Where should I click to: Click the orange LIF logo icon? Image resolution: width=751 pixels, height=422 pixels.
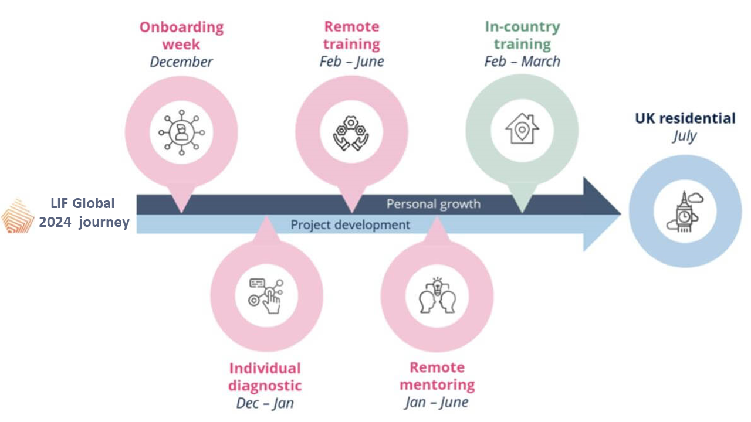[18, 215]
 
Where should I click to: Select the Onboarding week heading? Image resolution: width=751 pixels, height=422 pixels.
[181, 35]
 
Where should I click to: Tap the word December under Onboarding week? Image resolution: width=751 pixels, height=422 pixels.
[181, 62]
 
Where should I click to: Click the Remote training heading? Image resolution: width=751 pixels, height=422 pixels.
[351, 35]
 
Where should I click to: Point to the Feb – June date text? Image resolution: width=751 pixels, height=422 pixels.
[351, 62]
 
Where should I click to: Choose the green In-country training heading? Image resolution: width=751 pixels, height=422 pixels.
[522, 35]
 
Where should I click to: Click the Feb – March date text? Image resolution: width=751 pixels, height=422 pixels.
[522, 62]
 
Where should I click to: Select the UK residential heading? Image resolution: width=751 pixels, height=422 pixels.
[685, 118]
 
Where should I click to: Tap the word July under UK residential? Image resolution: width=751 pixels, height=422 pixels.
[685, 137]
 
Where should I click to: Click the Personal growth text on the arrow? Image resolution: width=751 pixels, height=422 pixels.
[433, 204]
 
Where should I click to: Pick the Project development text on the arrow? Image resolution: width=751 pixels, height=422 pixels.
[350, 224]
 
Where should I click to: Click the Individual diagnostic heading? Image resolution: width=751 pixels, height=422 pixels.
[265, 377]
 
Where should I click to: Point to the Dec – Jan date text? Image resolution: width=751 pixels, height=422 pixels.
[265, 403]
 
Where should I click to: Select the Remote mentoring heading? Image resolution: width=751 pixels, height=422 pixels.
[437, 376]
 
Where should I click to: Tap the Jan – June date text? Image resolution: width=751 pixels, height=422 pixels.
[437, 403]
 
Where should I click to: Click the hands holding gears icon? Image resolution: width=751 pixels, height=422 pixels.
[351, 132]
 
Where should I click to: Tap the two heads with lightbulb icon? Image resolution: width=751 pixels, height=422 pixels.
[437, 295]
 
